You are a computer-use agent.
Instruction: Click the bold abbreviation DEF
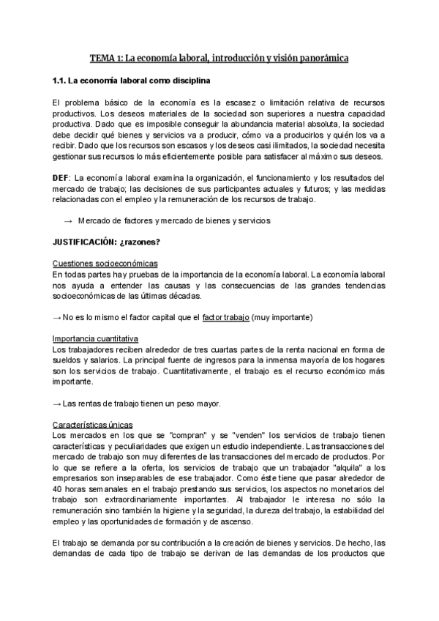pyautogui.click(x=61, y=178)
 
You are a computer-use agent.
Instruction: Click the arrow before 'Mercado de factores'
pyautogui.click(x=69, y=220)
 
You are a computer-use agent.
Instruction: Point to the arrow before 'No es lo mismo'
pyautogui.click(x=58, y=317)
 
